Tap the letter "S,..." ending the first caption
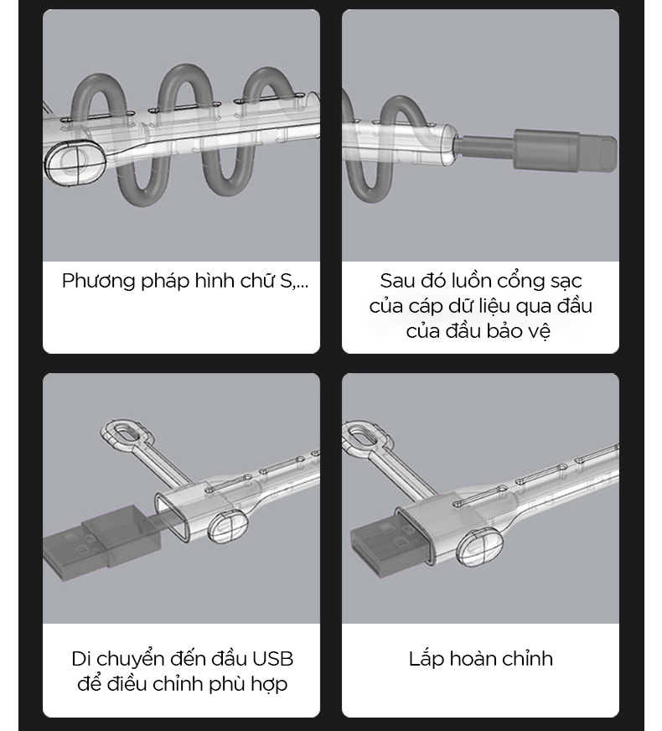pos(293,281)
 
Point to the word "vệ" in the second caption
pos(540,331)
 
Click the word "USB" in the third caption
pos(273,659)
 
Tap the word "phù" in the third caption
pos(227,684)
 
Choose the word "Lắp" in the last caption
pos(427,659)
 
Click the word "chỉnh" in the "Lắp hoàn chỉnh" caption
pos(524,659)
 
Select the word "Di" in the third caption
pos(80,659)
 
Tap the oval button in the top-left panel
pos(75,163)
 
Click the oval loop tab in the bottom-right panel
pos(365,435)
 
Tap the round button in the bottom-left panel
pos(228,526)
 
